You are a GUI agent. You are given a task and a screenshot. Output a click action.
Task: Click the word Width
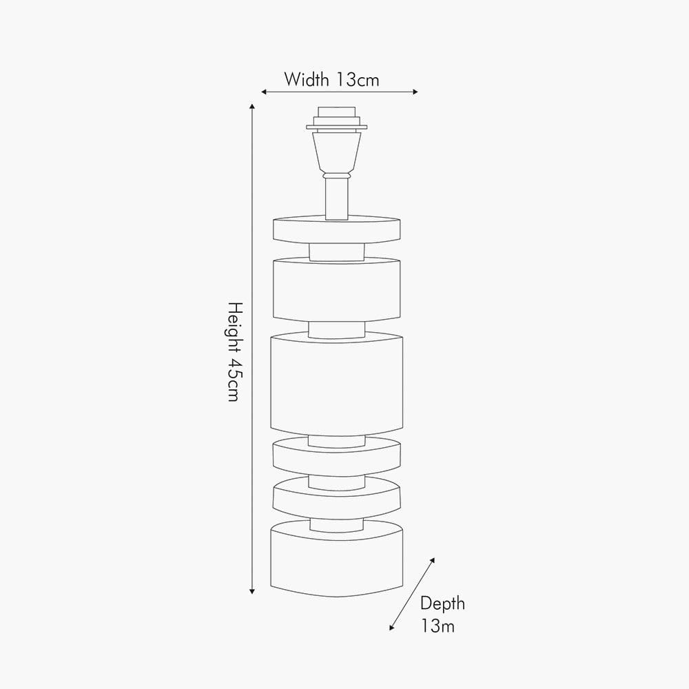(x=307, y=80)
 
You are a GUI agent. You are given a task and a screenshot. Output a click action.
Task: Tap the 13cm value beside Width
(x=358, y=80)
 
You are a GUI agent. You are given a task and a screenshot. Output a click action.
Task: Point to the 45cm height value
(x=234, y=381)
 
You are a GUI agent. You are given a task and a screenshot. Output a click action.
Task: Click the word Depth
(x=442, y=604)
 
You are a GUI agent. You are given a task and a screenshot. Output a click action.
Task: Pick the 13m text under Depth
(x=438, y=626)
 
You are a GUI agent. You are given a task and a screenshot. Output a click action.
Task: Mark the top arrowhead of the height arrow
(x=252, y=107)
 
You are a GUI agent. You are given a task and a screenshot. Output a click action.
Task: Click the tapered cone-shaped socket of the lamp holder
(x=336, y=152)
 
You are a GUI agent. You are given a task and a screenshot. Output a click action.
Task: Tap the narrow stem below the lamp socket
(x=336, y=198)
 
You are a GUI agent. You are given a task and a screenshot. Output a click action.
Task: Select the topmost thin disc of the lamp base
(x=336, y=230)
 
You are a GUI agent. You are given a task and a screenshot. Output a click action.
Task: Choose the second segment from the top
(x=336, y=289)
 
